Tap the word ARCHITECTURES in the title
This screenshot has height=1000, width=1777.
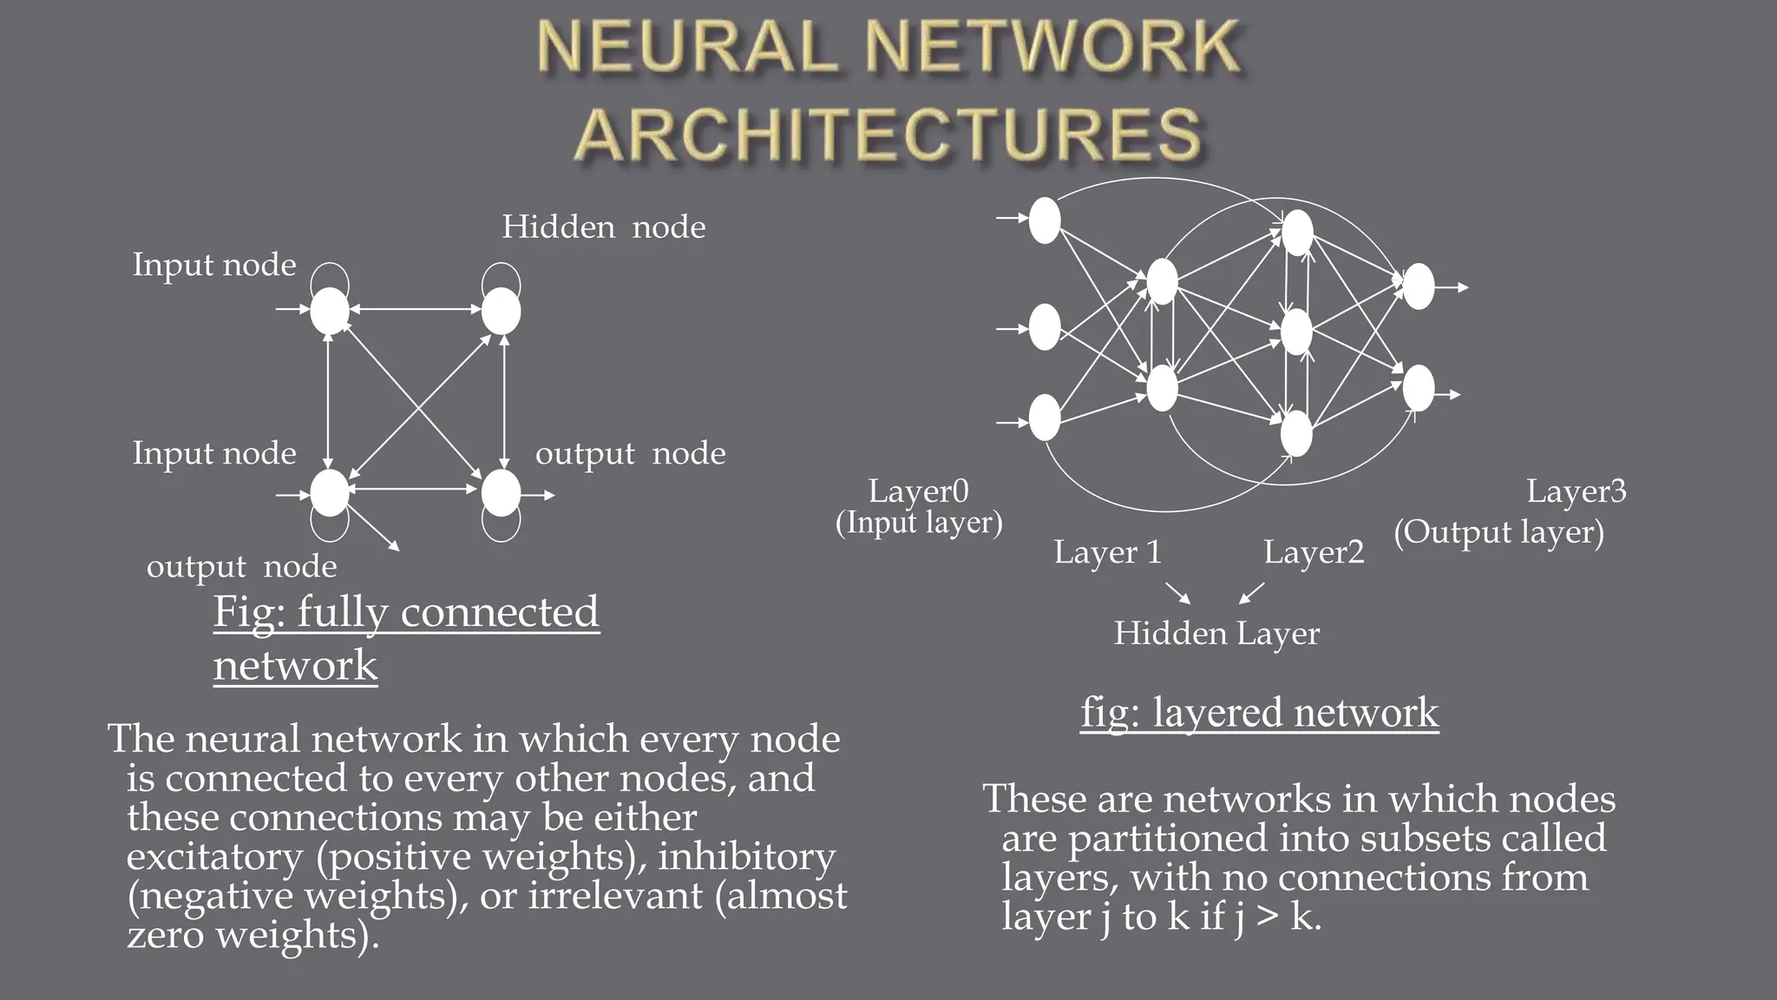point(888,136)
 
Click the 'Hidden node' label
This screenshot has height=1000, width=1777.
point(603,227)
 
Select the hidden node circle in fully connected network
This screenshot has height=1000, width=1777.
point(501,311)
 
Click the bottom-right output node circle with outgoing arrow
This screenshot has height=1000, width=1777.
point(501,493)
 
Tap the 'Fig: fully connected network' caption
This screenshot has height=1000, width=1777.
point(405,638)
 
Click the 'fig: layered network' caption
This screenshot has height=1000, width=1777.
point(1259,714)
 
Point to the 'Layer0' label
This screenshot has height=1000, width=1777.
point(918,491)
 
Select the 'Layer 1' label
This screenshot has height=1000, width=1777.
point(1107,552)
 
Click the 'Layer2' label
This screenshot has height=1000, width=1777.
point(1313,552)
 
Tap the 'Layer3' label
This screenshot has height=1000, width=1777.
point(1576,491)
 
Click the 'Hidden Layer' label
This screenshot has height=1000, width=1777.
point(1216,633)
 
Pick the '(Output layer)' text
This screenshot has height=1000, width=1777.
point(1498,532)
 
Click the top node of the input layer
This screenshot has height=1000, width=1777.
point(1045,220)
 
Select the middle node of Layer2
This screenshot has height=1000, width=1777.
point(1296,332)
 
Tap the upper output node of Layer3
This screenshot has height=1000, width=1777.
point(1419,286)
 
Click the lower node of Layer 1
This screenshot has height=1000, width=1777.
point(1162,388)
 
